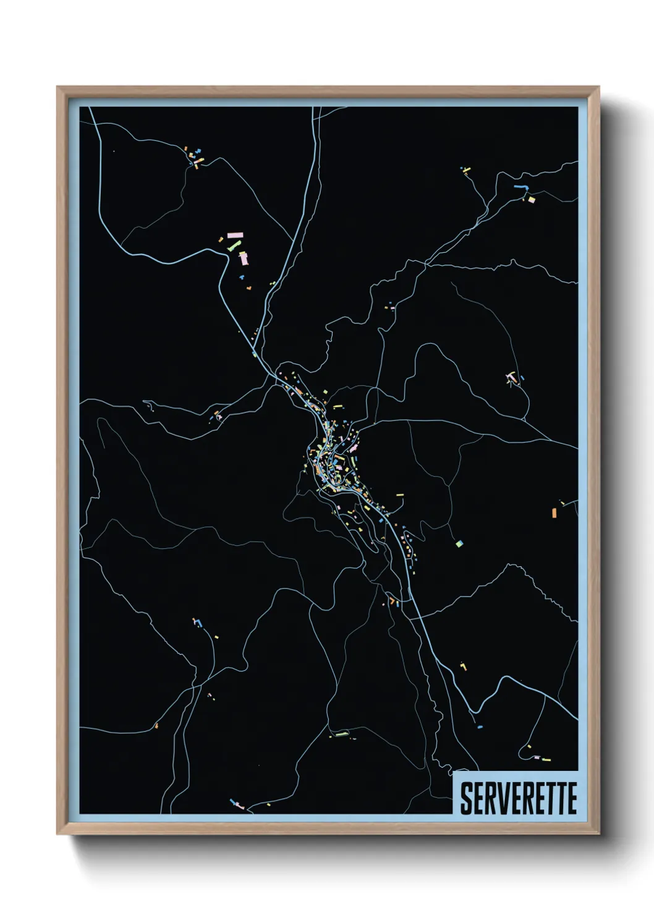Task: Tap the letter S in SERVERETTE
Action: [x=465, y=798]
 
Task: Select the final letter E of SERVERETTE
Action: [x=572, y=798]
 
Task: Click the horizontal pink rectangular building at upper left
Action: [x=236, y=235]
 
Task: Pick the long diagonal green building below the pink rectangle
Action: [x=234, y=246]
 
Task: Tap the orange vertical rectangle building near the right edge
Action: [x=554, y=512]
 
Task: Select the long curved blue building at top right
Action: [x=522, y=186]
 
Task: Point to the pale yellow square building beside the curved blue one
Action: [x=531, y=200]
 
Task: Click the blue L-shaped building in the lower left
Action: [x=197, y=621]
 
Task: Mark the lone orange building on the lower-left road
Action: [x=156, y=725]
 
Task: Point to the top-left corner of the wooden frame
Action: [x=57, y=87]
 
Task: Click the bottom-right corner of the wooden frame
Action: [x=598, y=834]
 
